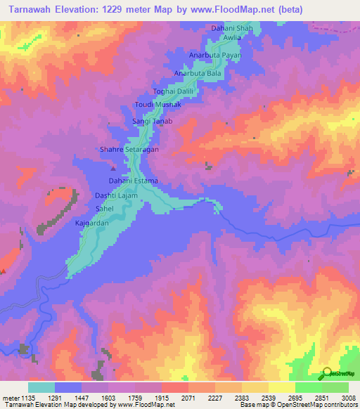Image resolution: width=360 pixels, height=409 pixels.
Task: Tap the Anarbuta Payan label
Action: pyautogui.click(x=216, y=55)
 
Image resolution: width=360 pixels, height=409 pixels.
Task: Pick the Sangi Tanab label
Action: pyautogui.click(x=153, y=122)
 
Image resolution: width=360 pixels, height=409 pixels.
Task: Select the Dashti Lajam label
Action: pyautogui.click(x=115, y=197)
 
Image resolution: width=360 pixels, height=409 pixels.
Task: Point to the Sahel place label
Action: pyautogui.click(x=103, y=209)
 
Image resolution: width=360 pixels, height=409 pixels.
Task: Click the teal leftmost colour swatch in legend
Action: pyautogui.click(x=41, y=387)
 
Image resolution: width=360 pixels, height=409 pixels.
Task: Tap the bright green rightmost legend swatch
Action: pyautogui.click(x=335, y=387)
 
